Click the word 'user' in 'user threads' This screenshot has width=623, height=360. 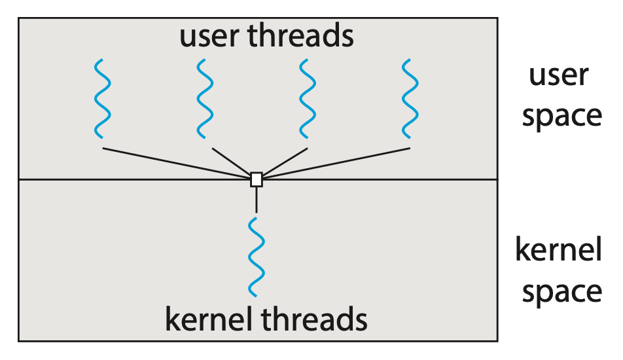click(210, 36)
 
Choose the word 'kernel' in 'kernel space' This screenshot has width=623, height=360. click(558, 251)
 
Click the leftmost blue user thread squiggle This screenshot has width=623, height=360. click(101, 99)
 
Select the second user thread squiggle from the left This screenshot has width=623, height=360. click(204, 99)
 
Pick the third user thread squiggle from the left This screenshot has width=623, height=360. click(307, 99)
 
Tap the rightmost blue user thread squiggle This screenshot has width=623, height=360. click(410, 99)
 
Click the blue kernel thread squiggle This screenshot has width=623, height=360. click(256, 257)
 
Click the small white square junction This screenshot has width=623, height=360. click(256, 179)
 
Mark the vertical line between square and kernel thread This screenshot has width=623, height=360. click(256, 200)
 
